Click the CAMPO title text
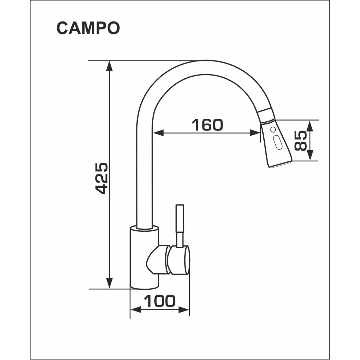coord(88,28)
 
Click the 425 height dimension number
coord(102,178)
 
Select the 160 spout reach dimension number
coord(207,124)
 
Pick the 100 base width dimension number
coord(160,301)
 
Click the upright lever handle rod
coord(180,225)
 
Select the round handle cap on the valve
coord(179,260)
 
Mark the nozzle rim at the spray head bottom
coord(281,164)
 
